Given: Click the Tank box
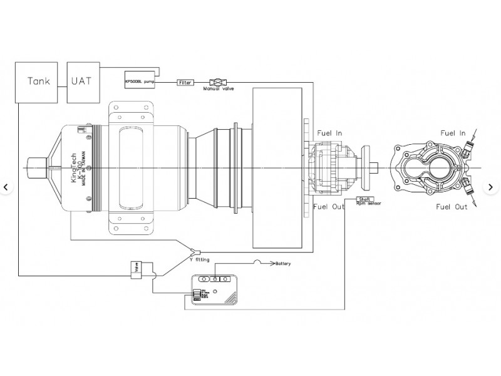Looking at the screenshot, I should pyautogui.click(x=39, y=81).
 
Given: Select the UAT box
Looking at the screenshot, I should pyautogui.click(x=82, y=81).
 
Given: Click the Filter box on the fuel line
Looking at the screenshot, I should pyautogui.click(x=185, y=82).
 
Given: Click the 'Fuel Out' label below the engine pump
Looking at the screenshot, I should pyautogui.click(x=328, y=207).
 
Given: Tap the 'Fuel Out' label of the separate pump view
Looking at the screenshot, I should pyautogui.click(x=452, y=207).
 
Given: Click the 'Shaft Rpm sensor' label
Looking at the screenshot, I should pyautogui.click(x=368, y=202).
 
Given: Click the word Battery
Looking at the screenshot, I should pyautogui.click(x=284, y=264).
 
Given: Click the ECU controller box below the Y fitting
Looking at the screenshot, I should pyautogui.click(x=215, y=290).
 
